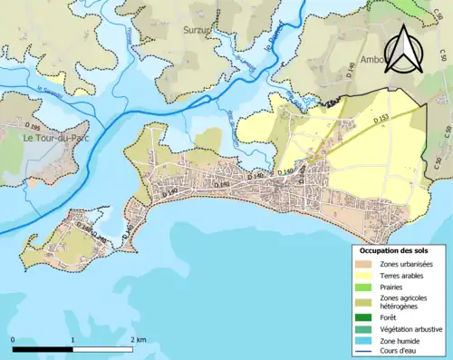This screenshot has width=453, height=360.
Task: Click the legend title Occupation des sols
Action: point(394,250)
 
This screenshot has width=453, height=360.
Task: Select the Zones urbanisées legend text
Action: point(407,264)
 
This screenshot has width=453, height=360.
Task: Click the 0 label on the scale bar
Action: point(14,339)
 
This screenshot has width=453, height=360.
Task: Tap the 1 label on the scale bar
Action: point(72,339)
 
